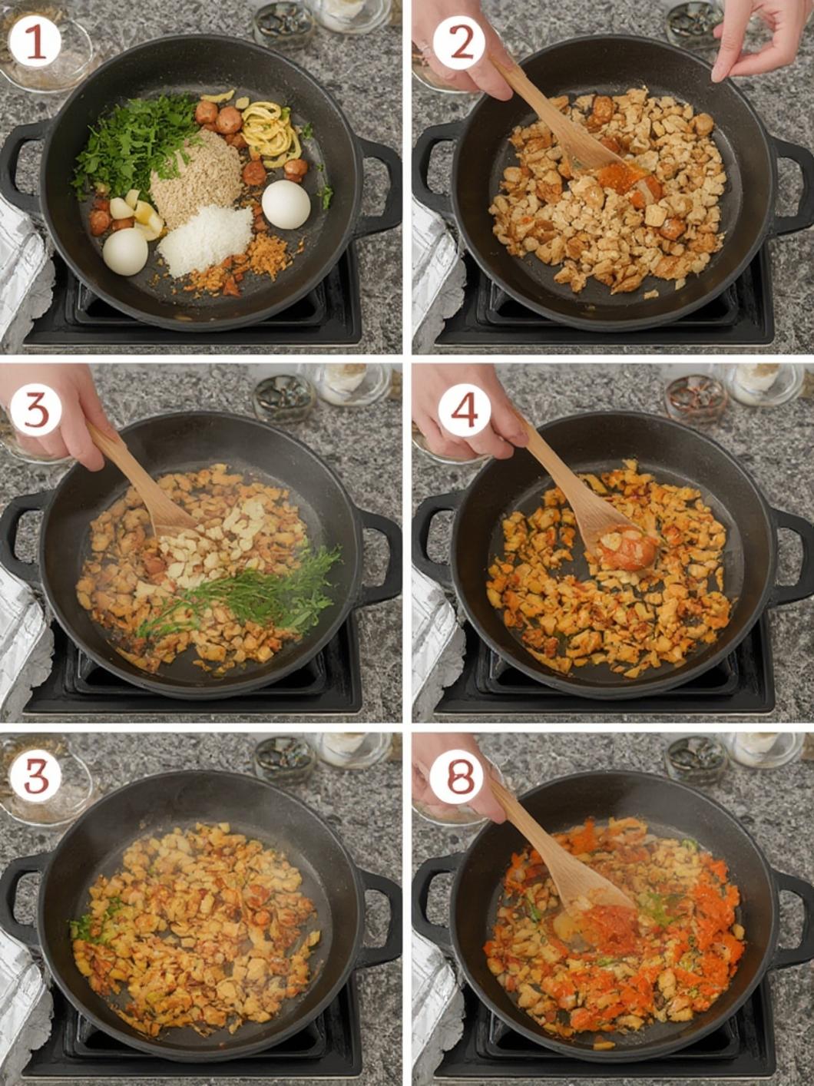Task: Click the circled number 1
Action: click(35, 43)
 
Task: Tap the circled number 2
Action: click(459, 43)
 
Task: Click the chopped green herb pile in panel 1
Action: click(134, 144)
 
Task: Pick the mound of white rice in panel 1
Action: click(205, 240)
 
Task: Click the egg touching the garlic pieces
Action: click(125, 251)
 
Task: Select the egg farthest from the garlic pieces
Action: click(286, 204)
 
